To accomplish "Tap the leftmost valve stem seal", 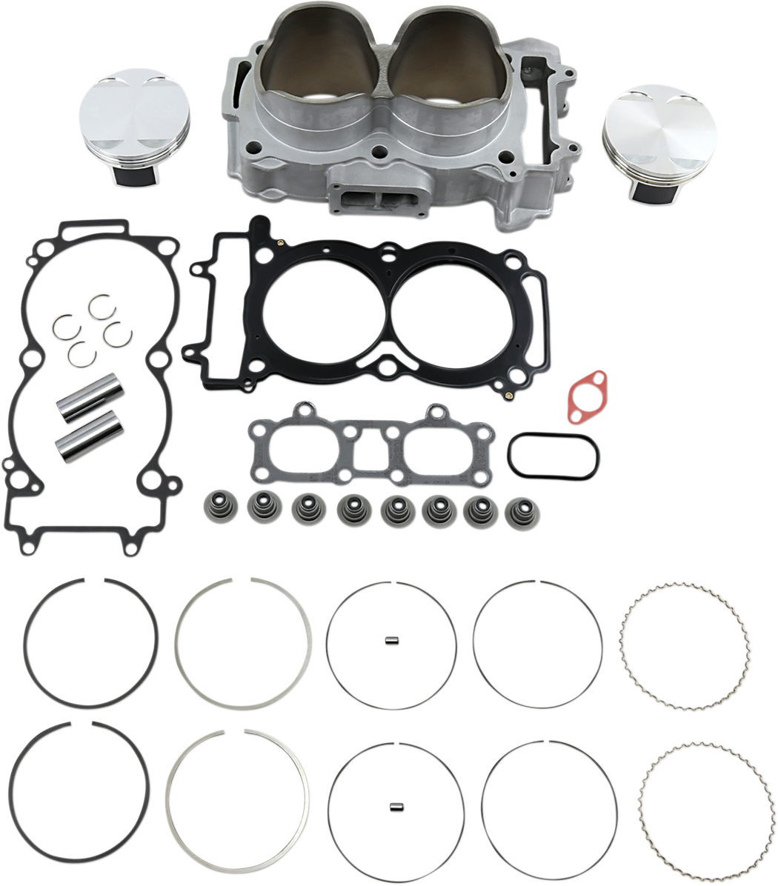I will tap(216, 508).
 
